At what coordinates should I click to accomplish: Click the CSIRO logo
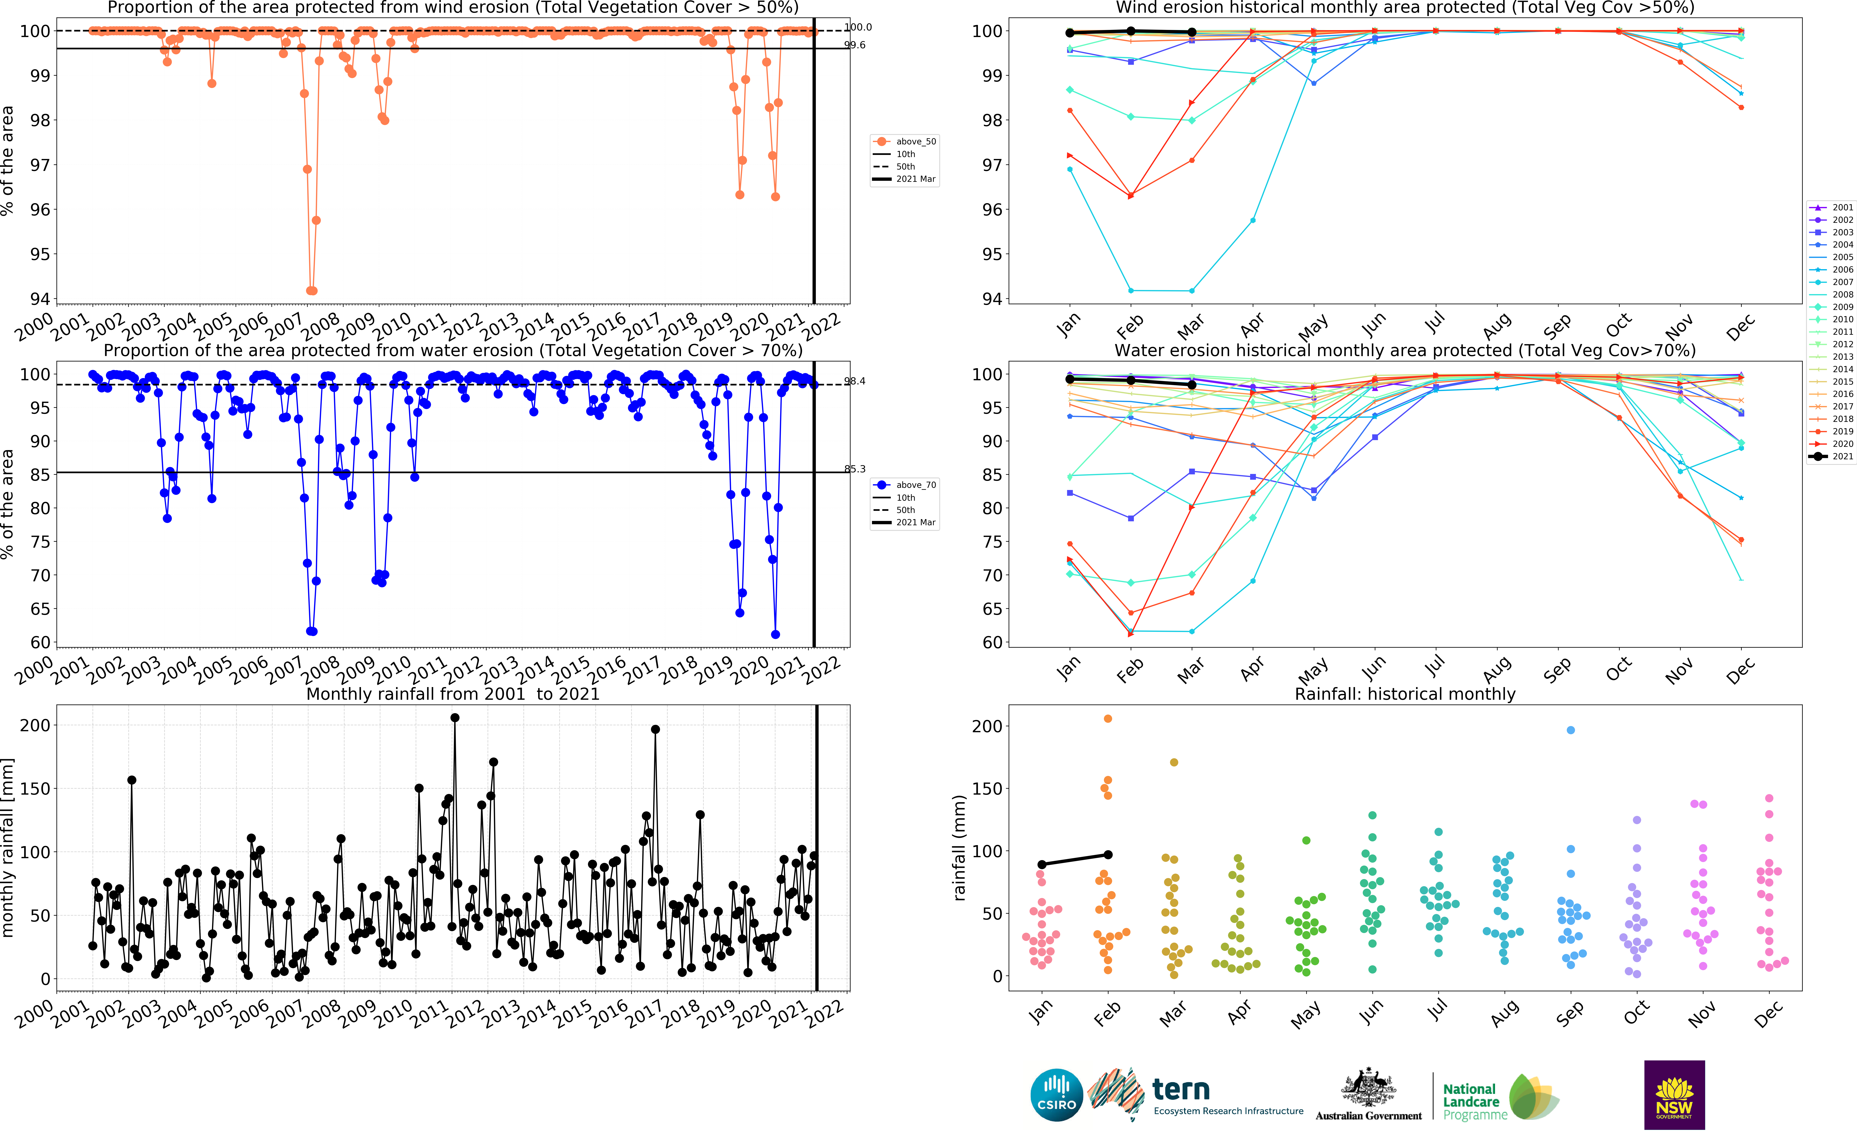pos(1056,1095)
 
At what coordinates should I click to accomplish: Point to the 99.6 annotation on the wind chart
pos(855,45)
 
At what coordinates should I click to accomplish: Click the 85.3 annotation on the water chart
pos(855,469)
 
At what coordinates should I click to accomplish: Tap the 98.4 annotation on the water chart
pos(855,381)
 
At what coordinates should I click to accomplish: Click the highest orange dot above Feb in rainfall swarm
pos(1108,719)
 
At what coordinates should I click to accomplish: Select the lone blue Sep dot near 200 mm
pos(1571,730)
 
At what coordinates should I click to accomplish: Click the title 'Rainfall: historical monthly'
pos(1405,694)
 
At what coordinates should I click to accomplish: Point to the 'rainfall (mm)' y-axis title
pos(960,848)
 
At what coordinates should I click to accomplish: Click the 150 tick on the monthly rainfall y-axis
pos(35,788)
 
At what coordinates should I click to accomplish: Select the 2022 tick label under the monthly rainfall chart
pos(825,1012)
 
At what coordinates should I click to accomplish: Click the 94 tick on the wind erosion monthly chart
pos(992,299)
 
